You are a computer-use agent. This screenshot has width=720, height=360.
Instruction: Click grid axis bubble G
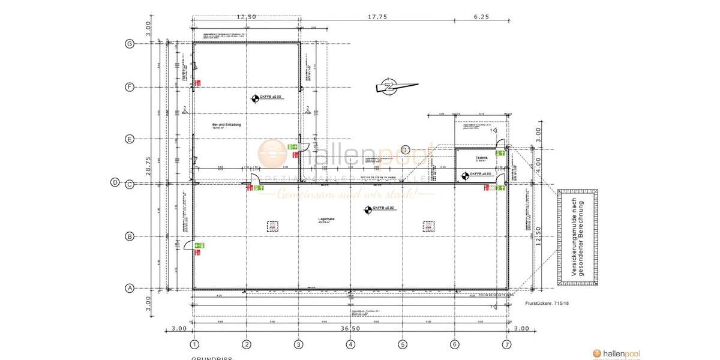point(129,43)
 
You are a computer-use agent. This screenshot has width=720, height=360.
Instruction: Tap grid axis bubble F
point(129,87)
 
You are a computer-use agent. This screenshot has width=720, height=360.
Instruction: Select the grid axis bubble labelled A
point(129,289)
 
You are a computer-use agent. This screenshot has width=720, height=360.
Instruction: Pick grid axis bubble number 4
point(350,344)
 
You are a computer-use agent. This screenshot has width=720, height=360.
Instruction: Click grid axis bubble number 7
point(507,344)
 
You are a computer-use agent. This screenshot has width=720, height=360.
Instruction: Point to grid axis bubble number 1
point(194,344)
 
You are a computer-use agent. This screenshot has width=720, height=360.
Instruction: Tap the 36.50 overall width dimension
point(350,328)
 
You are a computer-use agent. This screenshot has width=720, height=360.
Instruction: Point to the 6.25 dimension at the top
point(481,17)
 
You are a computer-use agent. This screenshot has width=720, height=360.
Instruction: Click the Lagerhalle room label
point(326,220)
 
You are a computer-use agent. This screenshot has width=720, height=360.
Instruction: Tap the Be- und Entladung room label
point(226,125)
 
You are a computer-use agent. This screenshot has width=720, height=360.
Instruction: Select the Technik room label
point(480,158)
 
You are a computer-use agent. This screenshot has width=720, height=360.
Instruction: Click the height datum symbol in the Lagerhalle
point(368,209)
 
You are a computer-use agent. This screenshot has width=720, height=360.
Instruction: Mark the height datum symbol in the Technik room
point(464,175)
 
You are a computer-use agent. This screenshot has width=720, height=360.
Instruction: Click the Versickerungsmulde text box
point(578,237)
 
